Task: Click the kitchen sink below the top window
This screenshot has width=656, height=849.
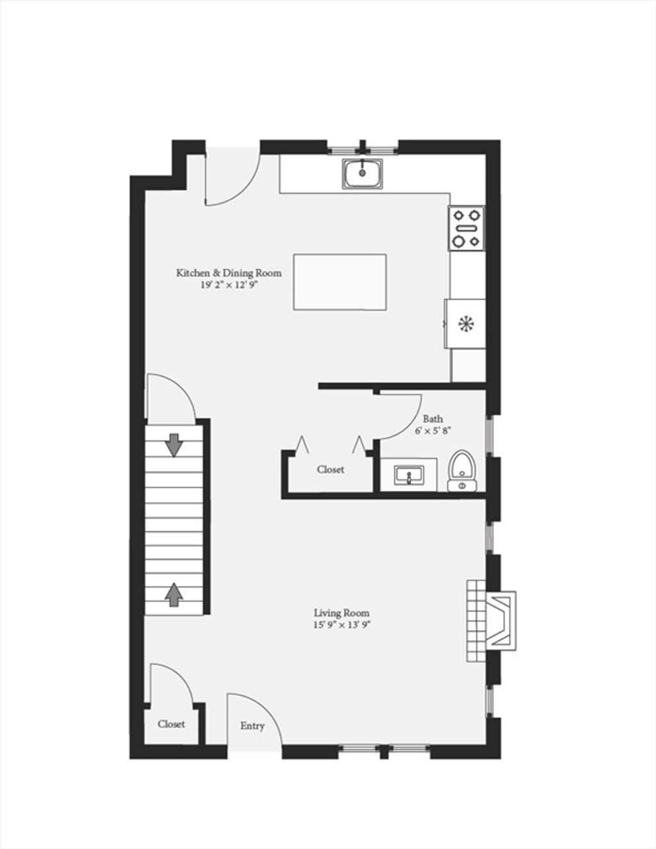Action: click(x=363, y=173)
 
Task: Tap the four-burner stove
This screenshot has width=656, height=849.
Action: click(x=467, y=228)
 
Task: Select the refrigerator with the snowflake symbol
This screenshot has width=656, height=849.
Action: click(x=465, y=323)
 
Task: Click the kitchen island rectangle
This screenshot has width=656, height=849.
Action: click(x=340, y=282)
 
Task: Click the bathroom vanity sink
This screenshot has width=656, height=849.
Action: click(x=409, y=474)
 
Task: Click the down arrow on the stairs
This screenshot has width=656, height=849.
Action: click(x=174, y=445)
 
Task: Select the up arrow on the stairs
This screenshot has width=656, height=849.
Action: click(x=174, y=595)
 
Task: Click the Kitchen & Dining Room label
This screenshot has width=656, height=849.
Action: click(x=229, y=273)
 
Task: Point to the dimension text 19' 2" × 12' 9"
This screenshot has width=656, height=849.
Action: click(x=230, y=285)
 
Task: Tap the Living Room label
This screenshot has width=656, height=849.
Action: click(x=341, y=624)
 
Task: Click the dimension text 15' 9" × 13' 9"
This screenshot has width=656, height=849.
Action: click(x=341, y=636)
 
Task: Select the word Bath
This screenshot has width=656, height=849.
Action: click(x=433, y=419)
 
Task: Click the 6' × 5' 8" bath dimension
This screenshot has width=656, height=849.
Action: click(x=433, y=430)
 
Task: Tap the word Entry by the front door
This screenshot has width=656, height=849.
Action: click(x=252, y=726)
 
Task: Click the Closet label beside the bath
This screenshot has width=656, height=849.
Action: click(x=331, y=469)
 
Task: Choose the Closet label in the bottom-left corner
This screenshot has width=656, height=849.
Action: click(x=171, y=724)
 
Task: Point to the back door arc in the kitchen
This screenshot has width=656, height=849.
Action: click(x=243, y=190)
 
